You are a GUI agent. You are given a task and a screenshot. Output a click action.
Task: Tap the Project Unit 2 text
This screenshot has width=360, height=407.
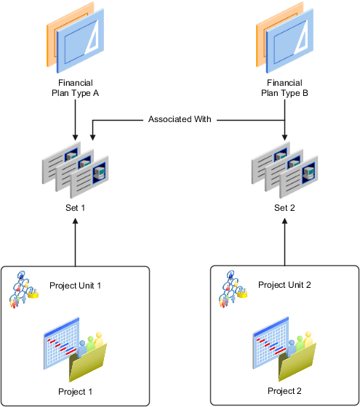click(x=285, y=285)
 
